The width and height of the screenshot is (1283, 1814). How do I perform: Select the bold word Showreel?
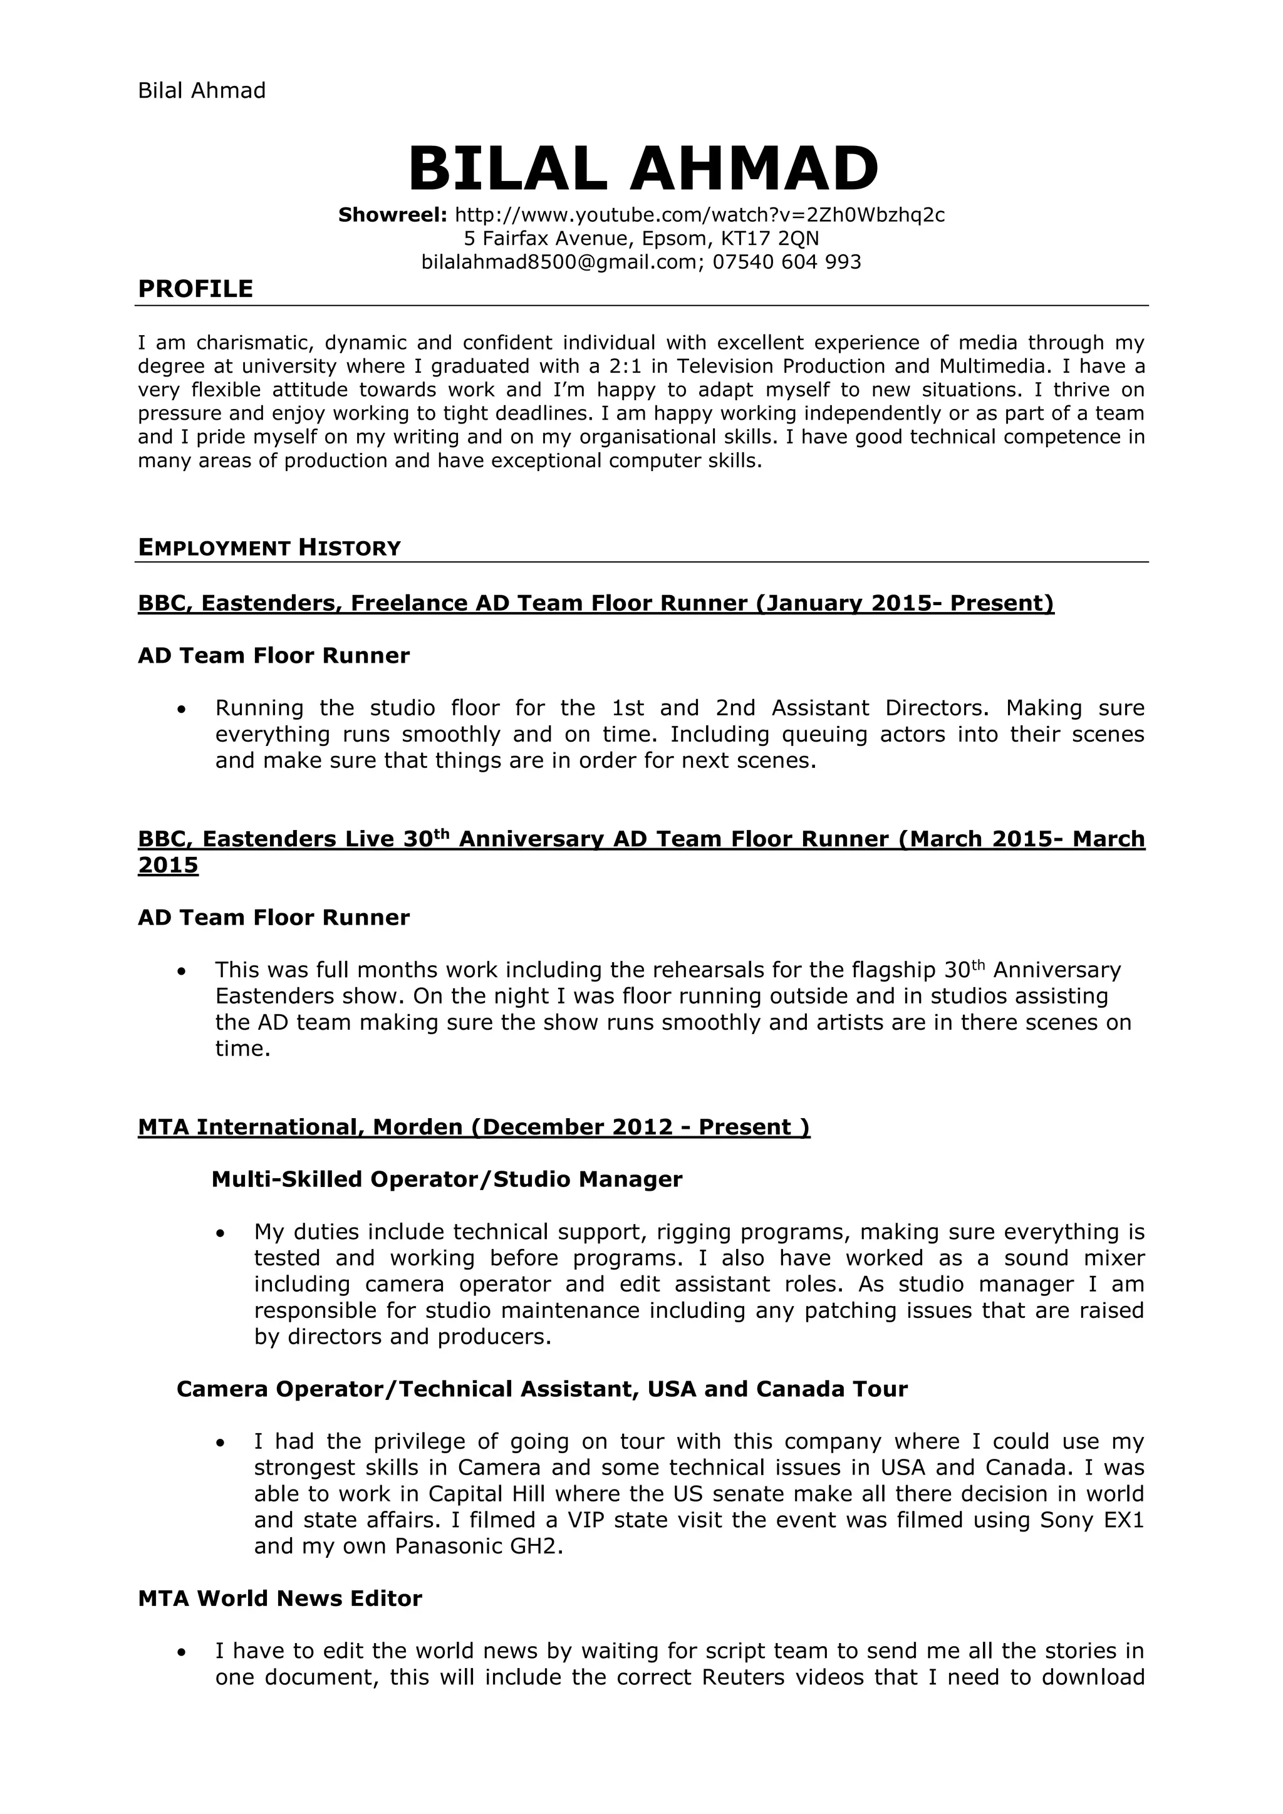(393, 215)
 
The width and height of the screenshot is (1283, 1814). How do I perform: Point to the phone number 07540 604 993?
(787, 262)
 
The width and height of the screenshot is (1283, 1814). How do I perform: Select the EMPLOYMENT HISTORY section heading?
(269, 547)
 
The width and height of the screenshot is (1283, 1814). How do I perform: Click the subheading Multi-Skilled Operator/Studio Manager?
(447, 1179)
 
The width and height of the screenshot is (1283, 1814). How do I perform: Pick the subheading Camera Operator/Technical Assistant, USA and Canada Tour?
(542, 1389)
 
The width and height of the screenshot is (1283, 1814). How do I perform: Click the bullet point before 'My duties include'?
(221, 1233)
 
